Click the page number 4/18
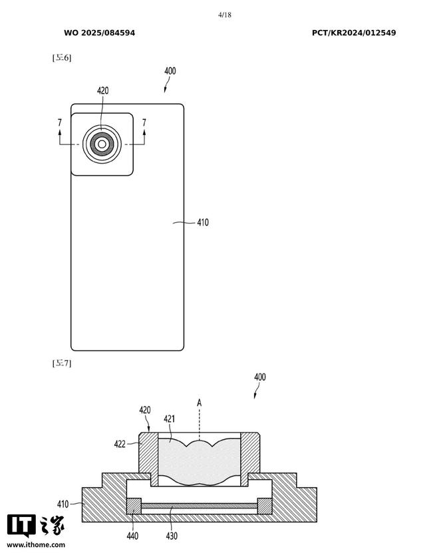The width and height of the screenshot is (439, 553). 225,15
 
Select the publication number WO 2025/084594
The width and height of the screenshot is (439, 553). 99,33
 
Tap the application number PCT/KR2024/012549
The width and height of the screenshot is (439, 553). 354,33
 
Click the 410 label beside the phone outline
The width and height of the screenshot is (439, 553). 203,222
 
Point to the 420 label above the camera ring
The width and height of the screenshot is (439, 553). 102,91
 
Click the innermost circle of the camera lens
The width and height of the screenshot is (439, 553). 102,144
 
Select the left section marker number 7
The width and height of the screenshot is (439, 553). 60,122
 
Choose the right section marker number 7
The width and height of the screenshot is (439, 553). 144,122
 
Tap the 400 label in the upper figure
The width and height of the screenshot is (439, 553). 170,71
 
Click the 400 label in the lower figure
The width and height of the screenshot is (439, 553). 260,377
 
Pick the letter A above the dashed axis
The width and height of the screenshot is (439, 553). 200,403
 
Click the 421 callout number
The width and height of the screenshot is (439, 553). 169,419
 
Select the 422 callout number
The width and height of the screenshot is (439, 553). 120,444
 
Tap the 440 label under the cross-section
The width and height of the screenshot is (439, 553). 132,536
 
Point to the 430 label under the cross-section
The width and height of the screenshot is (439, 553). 172,536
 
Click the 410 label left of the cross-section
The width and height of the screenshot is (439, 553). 63,504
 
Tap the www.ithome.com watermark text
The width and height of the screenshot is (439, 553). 36,545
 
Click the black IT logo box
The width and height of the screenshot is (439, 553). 21,526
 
